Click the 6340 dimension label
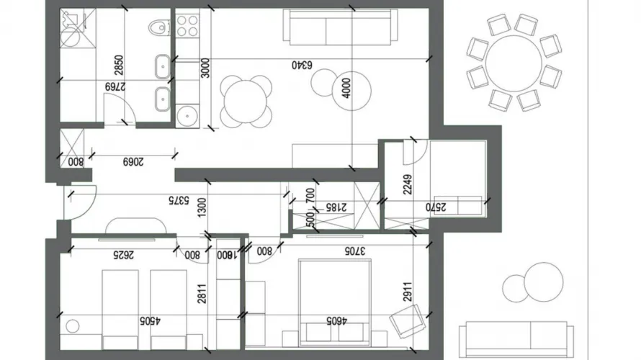pos(301,65)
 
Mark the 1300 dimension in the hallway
pos(205,208)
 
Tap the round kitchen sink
pos(187,114)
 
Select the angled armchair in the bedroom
pos(406,319)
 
